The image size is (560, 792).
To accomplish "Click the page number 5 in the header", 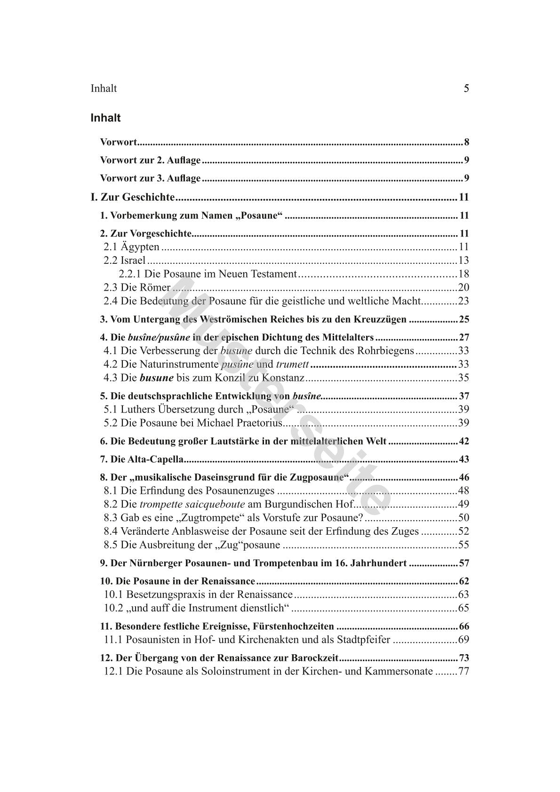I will [x=466, y=88].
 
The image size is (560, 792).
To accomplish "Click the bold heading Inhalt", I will [x=105, y=118].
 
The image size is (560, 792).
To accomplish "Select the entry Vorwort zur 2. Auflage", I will [x=151, y=160].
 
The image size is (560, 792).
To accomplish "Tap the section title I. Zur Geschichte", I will [x=133, y=197].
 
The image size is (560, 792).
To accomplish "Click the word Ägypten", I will [x=140, y=247].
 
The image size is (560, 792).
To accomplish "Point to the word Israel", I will [x=133, y=261].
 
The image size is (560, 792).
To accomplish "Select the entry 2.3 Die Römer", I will [x=137, y=287].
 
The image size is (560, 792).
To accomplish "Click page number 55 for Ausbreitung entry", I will [x=463, y=545].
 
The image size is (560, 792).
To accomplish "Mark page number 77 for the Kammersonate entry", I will [x=463, y=672].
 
